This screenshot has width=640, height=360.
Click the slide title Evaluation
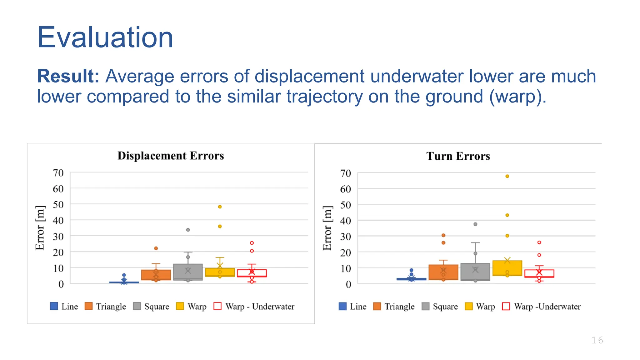pos(105,37)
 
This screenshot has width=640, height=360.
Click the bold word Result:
pos(68,76)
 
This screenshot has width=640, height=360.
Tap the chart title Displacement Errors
pos(171,156)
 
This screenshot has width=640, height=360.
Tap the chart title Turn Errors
pos(458,156)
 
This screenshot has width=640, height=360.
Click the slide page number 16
pos(597,340)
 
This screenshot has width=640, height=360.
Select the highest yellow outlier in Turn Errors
pos(507,176)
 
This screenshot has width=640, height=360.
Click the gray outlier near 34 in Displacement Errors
pos(188,230)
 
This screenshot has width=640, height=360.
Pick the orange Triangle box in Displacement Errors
pos(156,275)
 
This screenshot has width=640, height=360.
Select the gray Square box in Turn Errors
pos(475,272)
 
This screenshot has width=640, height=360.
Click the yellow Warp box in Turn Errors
pos(507,268)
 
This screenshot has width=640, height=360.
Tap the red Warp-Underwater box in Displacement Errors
pos(252,273)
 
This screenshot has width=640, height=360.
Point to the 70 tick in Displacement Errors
pos(58,173)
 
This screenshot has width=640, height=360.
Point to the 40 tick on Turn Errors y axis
pos(345,221)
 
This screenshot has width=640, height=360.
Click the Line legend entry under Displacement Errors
pos(64,307)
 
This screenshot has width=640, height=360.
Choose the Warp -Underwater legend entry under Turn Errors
pos(541,307)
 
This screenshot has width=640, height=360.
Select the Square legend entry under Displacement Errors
pos(151,307)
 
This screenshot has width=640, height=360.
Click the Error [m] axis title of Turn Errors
pos(327,228)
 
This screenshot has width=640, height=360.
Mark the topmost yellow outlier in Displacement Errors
pos(220,207)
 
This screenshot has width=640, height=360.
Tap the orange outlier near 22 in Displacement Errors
pos(156,248)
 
